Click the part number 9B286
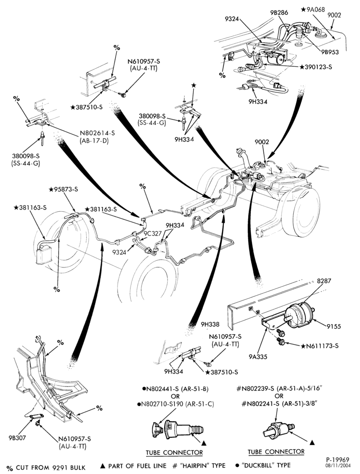click(x=279, y=12)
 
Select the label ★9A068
click(x=313, y=10)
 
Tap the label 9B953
click(x=330, y=52)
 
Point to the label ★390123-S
click(x=316, y=67)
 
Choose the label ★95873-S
click(x=63, y=189)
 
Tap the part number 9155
click(x=333, y=326)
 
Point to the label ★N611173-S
click(x=320, y=346)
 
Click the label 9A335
click(x=258, y=357)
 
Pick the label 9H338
click(x=210, y=325)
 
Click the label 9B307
click(x=17, y=437)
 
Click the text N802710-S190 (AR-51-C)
click(x=175, y=404)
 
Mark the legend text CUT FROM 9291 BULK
click(x=51, y=467)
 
